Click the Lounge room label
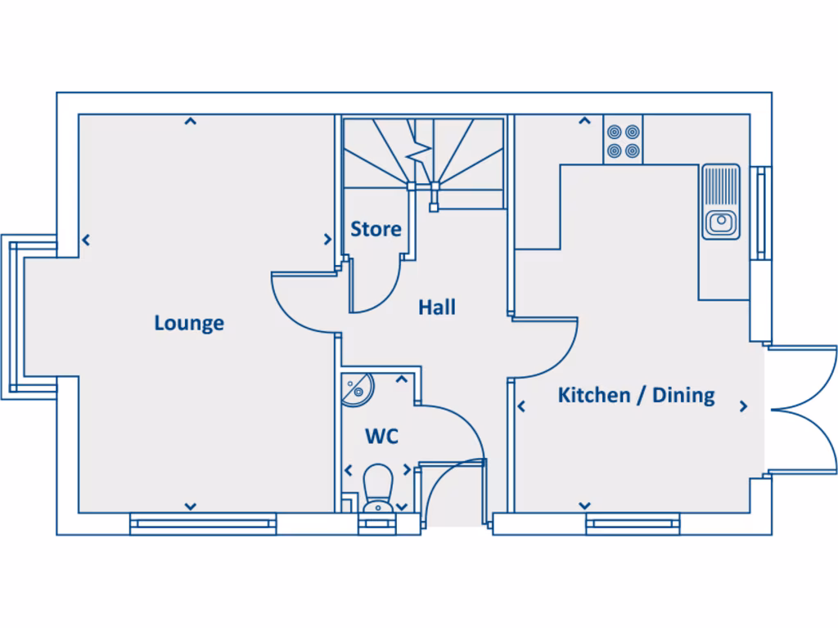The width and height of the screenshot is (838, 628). [189, 323]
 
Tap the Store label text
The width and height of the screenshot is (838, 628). [376, 229]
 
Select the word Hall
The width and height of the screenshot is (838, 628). [437, 307]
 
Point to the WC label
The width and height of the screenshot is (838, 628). [381, 437]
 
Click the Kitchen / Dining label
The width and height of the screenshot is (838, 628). [636, 396]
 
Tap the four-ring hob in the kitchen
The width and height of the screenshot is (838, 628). [624, 141]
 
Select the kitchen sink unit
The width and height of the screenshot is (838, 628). [720, 202]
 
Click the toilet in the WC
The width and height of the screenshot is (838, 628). [378, 489]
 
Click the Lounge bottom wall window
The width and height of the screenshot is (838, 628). [203, 523]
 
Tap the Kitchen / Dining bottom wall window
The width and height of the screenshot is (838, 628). [633, 523]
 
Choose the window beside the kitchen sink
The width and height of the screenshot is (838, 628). [762, 213]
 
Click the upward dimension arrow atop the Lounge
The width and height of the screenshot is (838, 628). [190, 122]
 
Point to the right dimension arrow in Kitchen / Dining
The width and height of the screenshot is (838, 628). [743, 406]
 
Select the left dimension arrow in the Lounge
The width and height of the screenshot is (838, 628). [86, 240]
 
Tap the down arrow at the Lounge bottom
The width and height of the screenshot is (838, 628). [190, 506]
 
